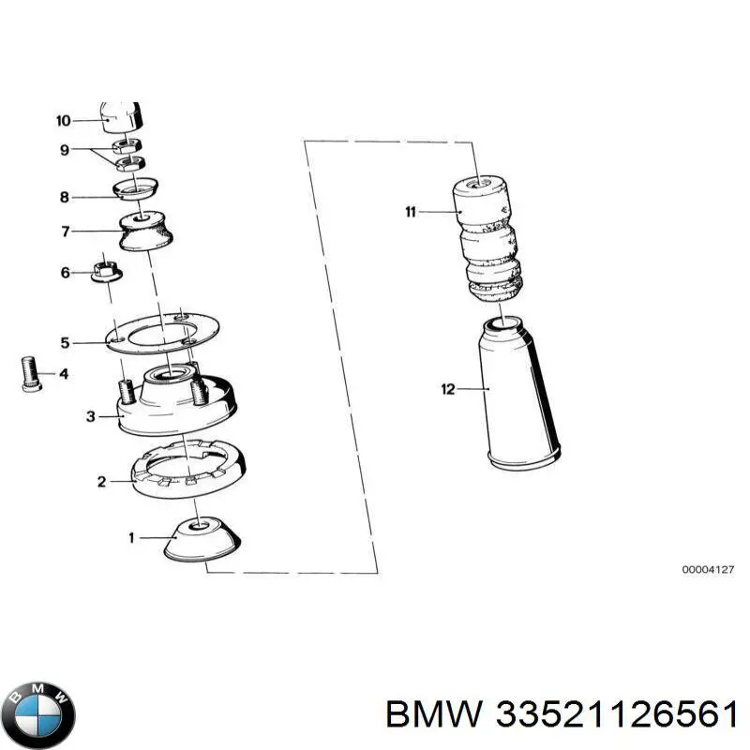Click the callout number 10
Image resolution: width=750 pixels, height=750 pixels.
tap(63, 120)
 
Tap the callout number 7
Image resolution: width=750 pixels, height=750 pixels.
tap(66, 230)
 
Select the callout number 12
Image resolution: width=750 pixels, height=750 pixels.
tap(448, 388)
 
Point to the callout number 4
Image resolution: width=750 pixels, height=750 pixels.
tap(64, 374)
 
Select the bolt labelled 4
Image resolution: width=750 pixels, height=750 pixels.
tap(28, 375)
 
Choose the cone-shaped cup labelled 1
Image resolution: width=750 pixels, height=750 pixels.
tap(202, 538)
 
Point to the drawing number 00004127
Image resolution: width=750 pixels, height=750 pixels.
tap(708, 569)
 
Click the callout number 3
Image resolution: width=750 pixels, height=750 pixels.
tap(90, 416)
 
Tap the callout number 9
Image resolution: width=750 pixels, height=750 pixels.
tap(65, 149)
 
